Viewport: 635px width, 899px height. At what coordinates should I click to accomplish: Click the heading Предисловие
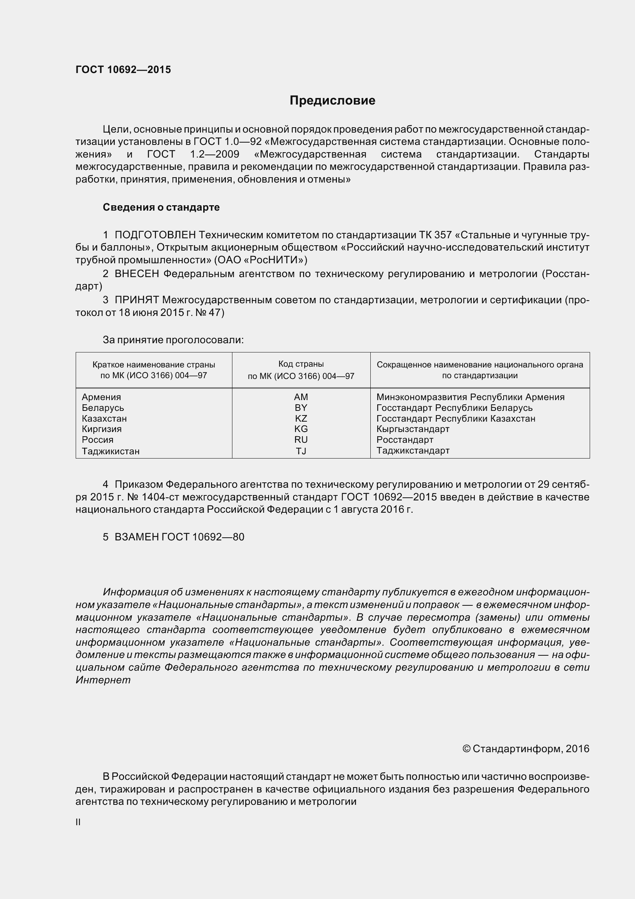coord(332,101)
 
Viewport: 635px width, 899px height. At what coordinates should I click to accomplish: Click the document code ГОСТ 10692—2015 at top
coord(123,70)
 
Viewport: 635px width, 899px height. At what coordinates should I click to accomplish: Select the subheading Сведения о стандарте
coord(161,207)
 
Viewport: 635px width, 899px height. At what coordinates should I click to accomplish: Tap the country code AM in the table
coord(301,397)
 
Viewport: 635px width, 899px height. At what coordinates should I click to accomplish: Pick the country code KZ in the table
coord(301,419)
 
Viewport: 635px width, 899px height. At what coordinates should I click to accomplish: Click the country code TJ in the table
coord(301,451)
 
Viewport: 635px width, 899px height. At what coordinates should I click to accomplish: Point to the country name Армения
coord(101,397)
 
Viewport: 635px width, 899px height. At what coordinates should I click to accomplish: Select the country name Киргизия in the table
coord(102,429)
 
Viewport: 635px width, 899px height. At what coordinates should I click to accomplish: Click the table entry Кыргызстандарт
coord(413,429)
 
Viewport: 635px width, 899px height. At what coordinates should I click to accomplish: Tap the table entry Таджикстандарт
coord(413,451)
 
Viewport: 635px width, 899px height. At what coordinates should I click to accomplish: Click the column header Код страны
coord(301,364)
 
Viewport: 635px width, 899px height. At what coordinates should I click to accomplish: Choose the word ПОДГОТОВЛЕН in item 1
coord(155,235)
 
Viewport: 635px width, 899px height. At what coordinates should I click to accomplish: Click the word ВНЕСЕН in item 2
coord(136,274)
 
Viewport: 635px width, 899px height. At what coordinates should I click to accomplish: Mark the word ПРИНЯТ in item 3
coord(136,300)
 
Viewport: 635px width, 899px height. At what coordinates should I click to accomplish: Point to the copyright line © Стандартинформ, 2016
coord(526,749)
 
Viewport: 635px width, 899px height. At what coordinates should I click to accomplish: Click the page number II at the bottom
coord(78,822)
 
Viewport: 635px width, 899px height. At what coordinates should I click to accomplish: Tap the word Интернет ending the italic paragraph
coord(103,680)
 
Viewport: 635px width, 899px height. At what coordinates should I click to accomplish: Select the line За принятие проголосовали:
coord(173,340)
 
